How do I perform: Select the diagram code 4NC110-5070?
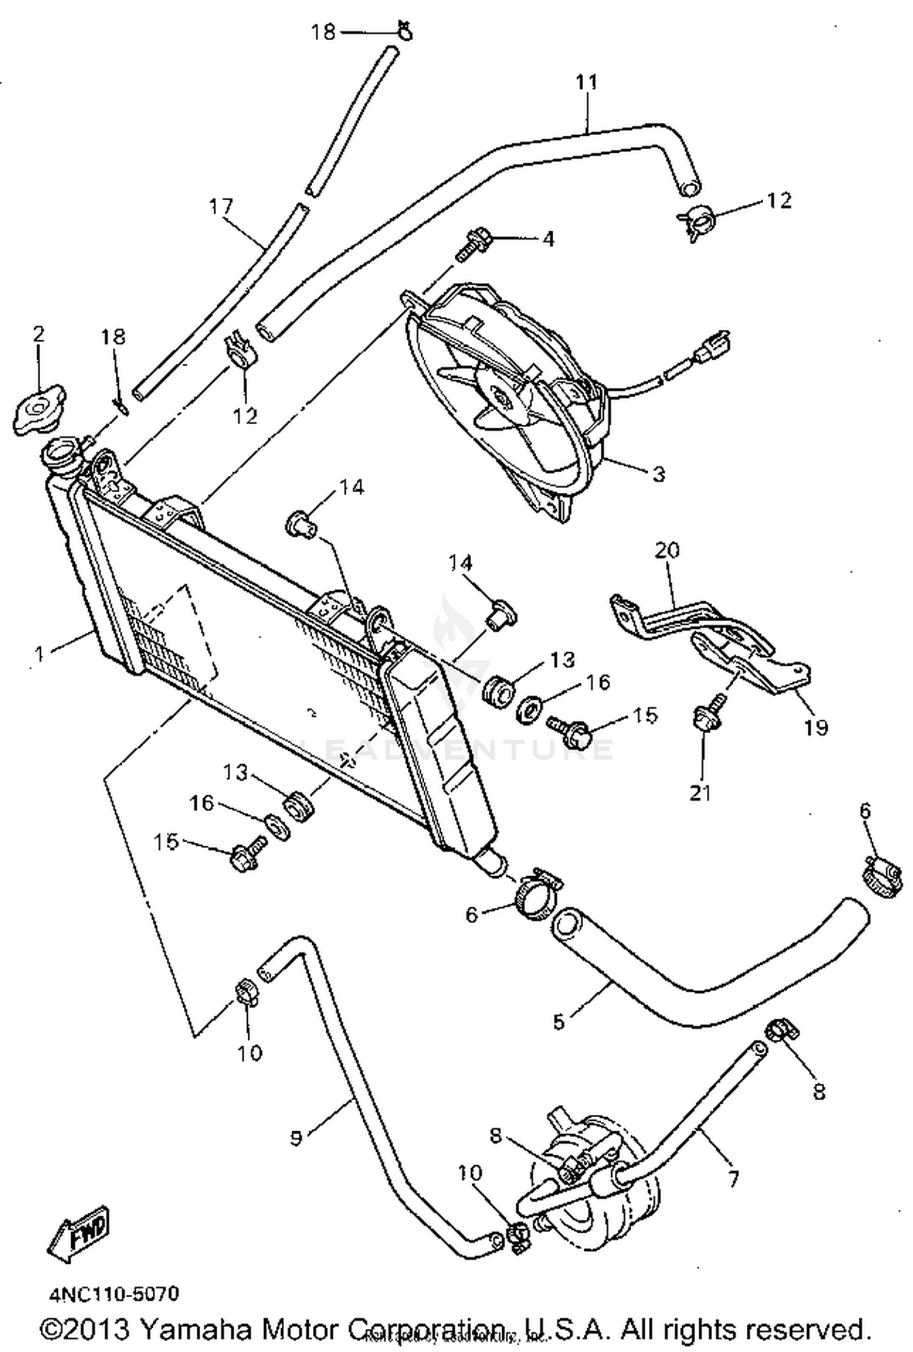[114, 1294]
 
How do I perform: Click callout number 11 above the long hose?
[587, 82]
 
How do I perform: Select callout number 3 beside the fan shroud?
[659, 474]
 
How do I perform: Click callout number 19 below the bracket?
[816, 726]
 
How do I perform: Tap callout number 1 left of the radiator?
[40, 654]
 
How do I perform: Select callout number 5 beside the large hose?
[559, 1022]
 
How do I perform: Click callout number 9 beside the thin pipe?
[296, 1137]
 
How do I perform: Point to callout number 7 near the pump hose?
[732, 1196]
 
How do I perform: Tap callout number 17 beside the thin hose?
[221, 206]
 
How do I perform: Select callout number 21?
[700, 792]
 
